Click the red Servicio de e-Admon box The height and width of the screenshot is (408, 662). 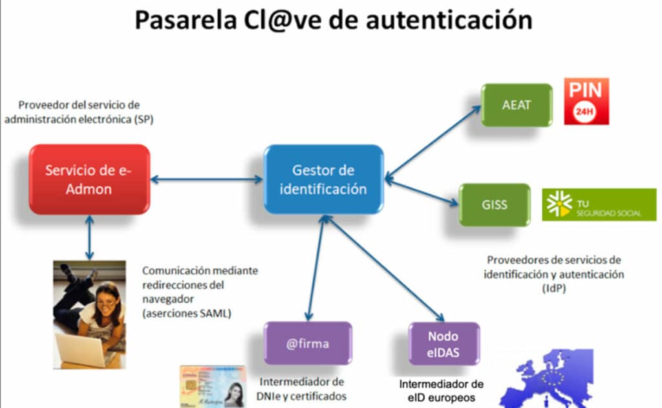(x=89, y=180)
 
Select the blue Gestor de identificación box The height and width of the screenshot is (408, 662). (x=323, y=180)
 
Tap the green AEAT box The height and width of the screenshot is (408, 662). (x=517, y=105)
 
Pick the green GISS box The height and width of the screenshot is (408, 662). (x=495, y=205)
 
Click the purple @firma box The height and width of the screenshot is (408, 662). (x=308, y=343)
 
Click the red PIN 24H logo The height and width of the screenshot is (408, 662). (x=586, y=101)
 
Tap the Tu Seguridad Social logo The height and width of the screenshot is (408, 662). (x=599, y=204)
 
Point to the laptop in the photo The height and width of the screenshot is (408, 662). (x=81, y=350)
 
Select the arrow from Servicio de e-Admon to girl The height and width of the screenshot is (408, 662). (x=89, y=237)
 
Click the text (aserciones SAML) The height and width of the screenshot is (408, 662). (x=187, y=314)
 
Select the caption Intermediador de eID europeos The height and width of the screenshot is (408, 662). (x=441, y=390)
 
